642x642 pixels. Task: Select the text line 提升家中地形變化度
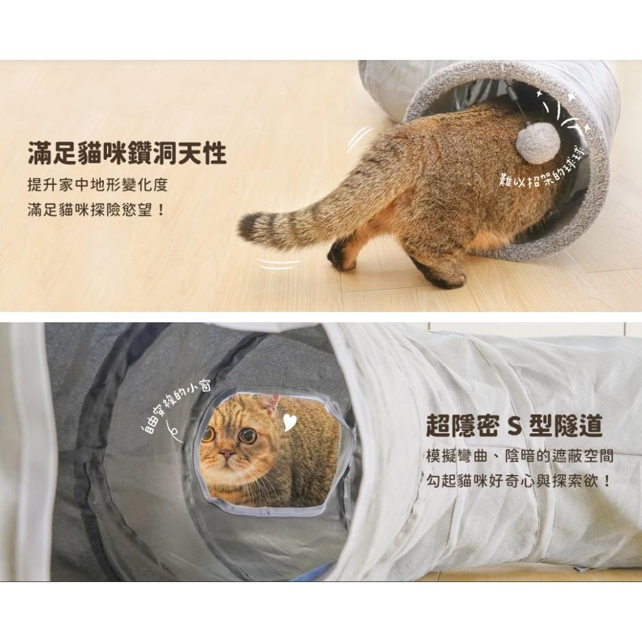(97, 185)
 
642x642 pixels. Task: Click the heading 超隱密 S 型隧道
(514, 425)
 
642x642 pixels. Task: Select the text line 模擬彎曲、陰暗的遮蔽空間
(519, 456)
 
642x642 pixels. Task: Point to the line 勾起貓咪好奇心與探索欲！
(519, 481)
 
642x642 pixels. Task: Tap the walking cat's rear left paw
(340, 257)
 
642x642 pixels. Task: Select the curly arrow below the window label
(173, 430)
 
